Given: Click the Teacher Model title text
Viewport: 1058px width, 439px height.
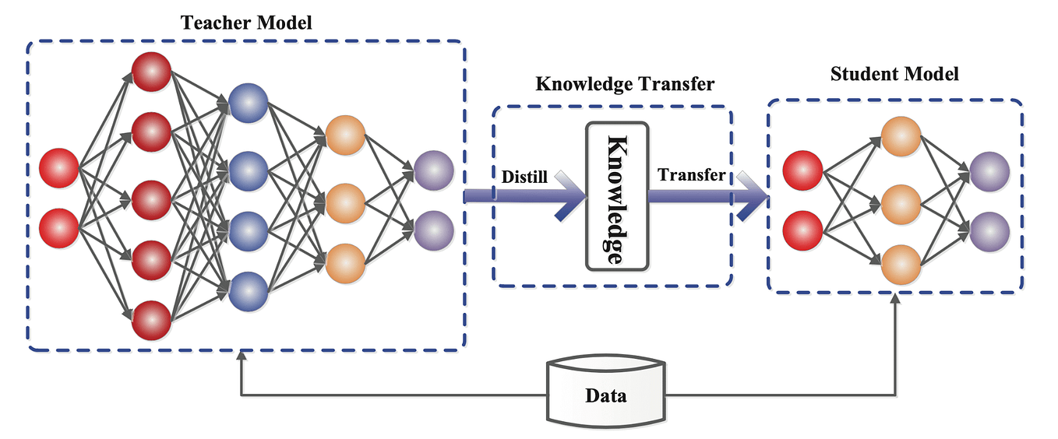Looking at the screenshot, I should pos(246,23).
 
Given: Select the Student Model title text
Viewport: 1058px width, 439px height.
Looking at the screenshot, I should pos(894,75).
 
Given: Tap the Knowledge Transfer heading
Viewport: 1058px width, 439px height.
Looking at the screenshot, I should pos(625,83).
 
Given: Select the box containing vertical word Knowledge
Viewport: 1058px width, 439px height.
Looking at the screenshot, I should pos(617,196).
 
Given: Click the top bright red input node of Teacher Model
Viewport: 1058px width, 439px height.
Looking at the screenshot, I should pos(59,169).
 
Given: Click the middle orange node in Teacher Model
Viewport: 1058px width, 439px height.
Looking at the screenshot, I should pos(345,202).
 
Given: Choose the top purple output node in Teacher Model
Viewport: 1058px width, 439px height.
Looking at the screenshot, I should pos(434,170).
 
